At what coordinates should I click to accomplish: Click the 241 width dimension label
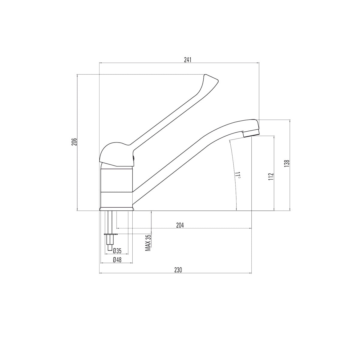[x=187, y=60]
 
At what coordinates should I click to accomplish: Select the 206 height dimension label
[x=74, y=142]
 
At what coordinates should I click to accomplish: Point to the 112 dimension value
[x=271, y=176]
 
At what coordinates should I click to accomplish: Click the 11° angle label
[x=238, y=175]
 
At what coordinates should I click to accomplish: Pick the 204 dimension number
[x=180, y=225]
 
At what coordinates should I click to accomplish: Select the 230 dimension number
[x=178, y=270]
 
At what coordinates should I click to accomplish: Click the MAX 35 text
[x=148, y=243]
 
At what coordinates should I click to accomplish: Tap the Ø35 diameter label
[x=117, y=250]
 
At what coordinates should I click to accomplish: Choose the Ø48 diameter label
[x=117, y=260]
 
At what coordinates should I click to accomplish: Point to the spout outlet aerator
[x=251, y=133]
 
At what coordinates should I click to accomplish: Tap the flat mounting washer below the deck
[x=110, y=234]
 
